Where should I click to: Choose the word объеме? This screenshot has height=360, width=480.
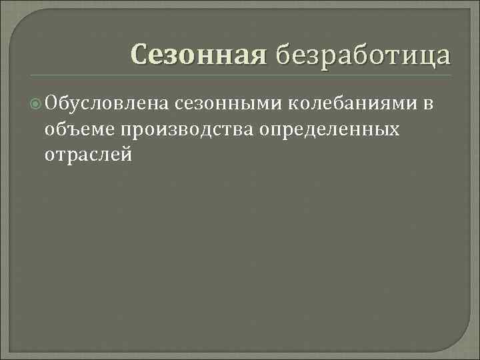pos(80,129)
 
